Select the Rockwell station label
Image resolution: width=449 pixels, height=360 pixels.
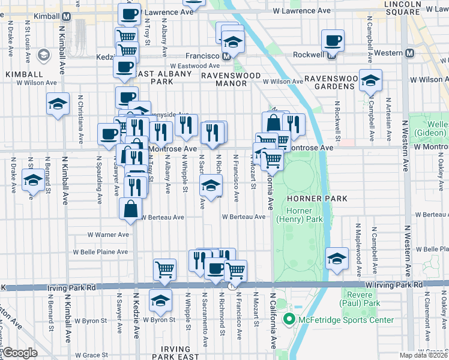point(309,54)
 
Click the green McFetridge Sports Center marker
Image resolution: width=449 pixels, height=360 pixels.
point(288,319)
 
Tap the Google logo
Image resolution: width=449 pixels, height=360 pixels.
point(20,352)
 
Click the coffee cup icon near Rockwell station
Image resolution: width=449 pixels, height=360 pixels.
point(333,41)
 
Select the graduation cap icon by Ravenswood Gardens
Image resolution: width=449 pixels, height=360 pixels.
point(370,80)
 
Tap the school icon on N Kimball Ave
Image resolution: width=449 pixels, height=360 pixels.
point(58,104)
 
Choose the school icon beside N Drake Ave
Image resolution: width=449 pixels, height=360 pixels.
point(33,179)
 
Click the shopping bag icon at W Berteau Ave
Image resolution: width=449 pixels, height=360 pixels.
point(130,209)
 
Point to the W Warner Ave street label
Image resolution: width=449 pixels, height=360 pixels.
point(108,235)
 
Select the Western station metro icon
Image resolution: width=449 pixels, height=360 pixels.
point(410,53)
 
